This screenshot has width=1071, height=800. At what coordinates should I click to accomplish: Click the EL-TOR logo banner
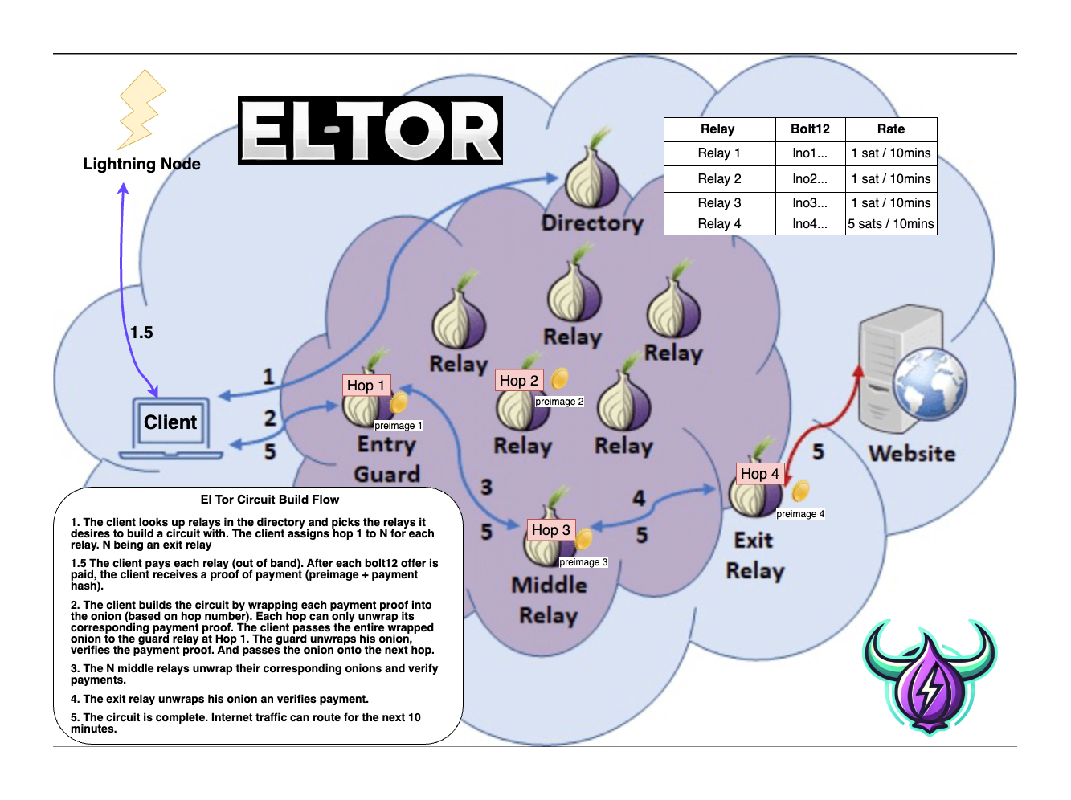click(x=370, y=131)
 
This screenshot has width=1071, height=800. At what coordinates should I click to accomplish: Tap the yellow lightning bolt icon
click(x=141, y=109)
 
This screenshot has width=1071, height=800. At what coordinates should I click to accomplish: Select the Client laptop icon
click(x=170, y=427)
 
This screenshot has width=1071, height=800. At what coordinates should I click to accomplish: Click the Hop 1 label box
click(x=366, y=386)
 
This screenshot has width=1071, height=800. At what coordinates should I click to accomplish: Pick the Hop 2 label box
click(x=519, y=381)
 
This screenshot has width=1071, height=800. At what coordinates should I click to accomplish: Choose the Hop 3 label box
click(x=551, y=530)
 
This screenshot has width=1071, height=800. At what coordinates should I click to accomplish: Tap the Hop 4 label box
click(x=760, y=474)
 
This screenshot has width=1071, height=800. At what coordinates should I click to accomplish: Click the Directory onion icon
click(x=591, y=177)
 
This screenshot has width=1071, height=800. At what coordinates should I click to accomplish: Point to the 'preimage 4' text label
click(x=800, y=514)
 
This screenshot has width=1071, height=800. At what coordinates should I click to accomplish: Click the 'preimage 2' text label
click(x=559, y=402)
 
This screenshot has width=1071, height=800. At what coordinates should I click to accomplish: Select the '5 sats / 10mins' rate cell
click(x=891, y=224)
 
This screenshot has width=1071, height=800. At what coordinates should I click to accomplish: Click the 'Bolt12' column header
click(x=810, y=129)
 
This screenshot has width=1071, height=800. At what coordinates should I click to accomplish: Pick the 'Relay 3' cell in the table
click(x=719, y=203)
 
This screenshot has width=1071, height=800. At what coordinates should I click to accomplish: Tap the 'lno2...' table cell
click(x=810, y=179)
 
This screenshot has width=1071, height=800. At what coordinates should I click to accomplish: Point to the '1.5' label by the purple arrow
click(x=141, y=333)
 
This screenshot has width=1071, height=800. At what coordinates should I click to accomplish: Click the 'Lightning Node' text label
click(x=141, y=164)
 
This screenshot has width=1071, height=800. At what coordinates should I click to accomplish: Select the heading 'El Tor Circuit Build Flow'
click(x=270, y=500)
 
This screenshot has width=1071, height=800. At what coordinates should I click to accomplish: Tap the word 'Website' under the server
click(x=913, y=454)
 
